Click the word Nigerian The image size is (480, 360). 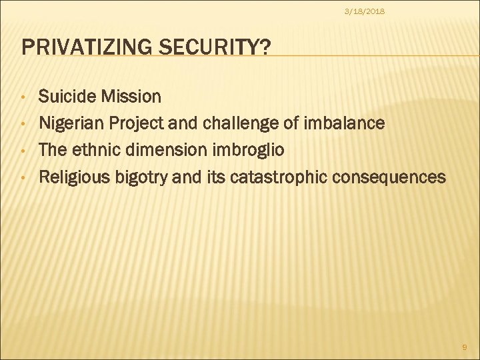point(69,123)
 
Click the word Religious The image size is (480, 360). point(71,177)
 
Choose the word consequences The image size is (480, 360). point(389,177)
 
